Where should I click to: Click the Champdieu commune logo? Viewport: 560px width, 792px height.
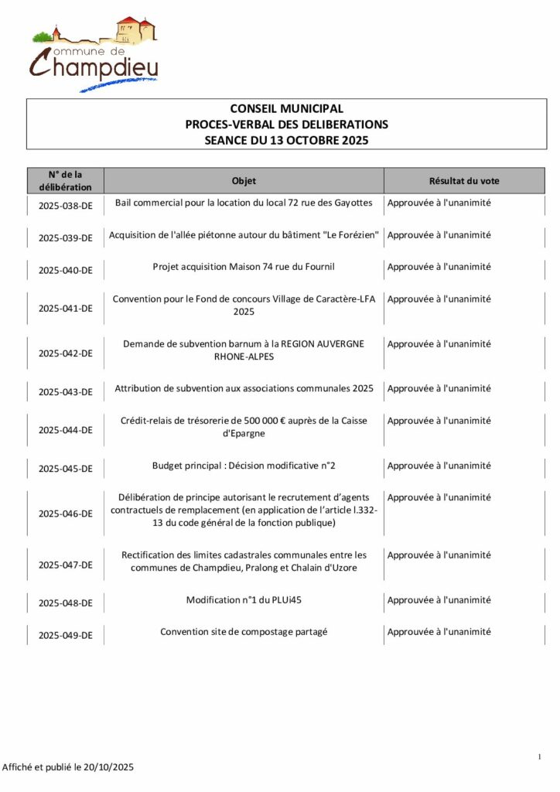tap(94, 53)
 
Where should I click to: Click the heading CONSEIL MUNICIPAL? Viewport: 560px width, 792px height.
tap(286, 109)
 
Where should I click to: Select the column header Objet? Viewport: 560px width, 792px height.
tap(244, 181)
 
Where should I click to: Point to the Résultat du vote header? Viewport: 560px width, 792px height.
tap(464, 181)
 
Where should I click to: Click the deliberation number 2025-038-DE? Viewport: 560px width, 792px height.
tap(66, 207)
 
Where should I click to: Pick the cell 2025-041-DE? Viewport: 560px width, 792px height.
tap(66, 308)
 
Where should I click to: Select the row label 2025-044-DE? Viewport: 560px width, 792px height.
tap(66, 430)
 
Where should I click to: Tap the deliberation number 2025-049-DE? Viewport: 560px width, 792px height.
tap(66, 636)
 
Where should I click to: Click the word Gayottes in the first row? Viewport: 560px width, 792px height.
tap(354, 203)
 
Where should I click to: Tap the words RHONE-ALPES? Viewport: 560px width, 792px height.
tap(244, 357)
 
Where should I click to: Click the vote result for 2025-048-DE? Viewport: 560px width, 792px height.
tap(439, 600)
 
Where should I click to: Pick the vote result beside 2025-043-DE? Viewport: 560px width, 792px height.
tap(439, 388)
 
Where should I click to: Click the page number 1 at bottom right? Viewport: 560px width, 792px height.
tap(539, 756)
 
